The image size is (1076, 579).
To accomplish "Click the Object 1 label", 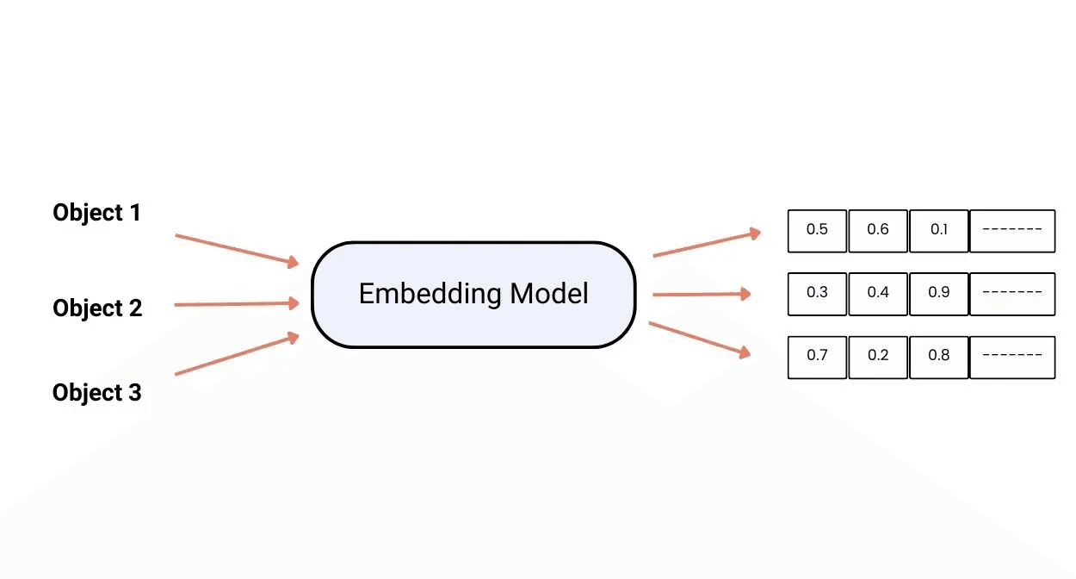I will (96, 213).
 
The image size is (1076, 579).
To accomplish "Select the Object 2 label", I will (97, 308).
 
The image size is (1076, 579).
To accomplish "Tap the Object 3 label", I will (97, 393).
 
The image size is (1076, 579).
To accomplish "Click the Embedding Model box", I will (473, 294).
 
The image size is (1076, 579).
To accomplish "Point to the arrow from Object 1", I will (237, 248).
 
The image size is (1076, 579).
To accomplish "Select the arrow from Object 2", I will (237, 304).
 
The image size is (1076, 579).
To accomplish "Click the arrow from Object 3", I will (237, 355).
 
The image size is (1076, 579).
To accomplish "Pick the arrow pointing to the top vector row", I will (707, 244).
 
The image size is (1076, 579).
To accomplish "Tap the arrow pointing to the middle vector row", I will (702, 295).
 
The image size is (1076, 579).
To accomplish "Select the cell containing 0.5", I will (817, 230).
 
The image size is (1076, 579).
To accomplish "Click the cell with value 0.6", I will (878, 230).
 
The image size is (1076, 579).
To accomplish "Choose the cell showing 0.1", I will (939, 230).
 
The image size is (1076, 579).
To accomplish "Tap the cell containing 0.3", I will (817, 293).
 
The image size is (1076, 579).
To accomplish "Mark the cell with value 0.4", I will (878, 293).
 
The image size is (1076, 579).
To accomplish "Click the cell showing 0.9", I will (939, 293).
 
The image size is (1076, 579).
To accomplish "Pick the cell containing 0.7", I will (817, 356).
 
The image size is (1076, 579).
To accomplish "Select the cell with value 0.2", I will (878, 356).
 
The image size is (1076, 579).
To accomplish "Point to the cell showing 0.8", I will (939, 356).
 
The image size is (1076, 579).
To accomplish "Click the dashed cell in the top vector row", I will (1012, 230).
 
